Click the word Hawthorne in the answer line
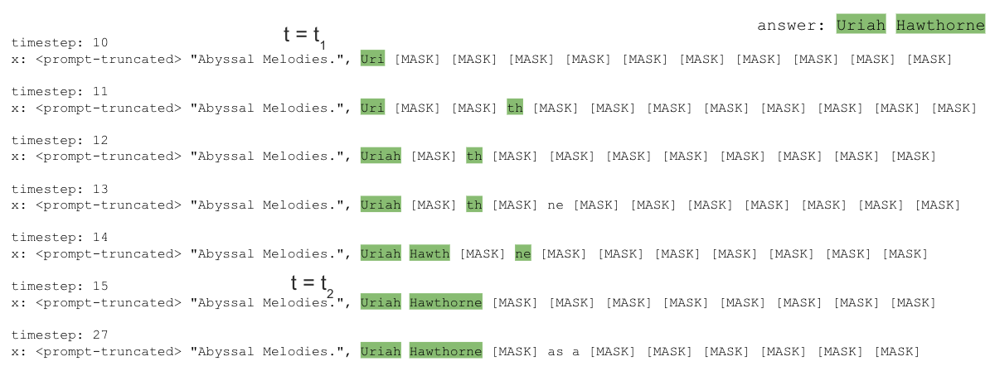pyautogui.click(x=940, y=26)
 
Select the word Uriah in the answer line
pyautogui.click(x=861, y=26)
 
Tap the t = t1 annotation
pyautogui.click(x=304, y=36)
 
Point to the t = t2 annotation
pyautogui.click(x=312, y=284)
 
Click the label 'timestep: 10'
pyautogui.click(x=60, y=42)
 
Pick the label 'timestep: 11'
pyautogui.click(x=60, y=91)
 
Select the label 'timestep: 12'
pyautogui.click(x=60, y=140)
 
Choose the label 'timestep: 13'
pyautogui.click(x=60, y=189)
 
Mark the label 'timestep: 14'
pyautogui.click(x=60, y=238)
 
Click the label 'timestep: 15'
pyautogui.click(x=60, y=287)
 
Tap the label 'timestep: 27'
pyautogui.click(x=60, y=335)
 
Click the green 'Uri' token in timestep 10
pyautogui.click(x=372, y=59)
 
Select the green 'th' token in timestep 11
pyautogui.click(x=515, y=108)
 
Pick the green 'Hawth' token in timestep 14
pyautogui.click(x=429, y=254)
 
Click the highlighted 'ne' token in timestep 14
pyautogui.click(x=523, y=254)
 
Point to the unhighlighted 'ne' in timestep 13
pyautogui.click(x=556, y=205)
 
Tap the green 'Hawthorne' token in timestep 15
pyautogui.click(x=445, y=303)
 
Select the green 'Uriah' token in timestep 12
pyautogui.click(x=381, y=157)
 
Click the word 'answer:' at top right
pyautogui.click(x=791, y=26)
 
